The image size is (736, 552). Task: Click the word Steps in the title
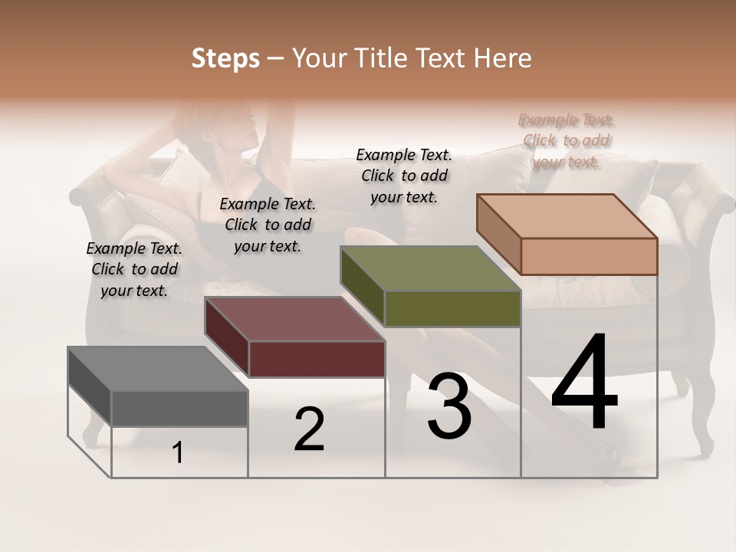(225, 58)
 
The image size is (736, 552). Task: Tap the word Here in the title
(502, 58)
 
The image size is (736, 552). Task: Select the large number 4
(584, 383)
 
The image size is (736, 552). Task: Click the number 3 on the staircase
(449, 406)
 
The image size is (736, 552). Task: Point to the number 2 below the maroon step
(309, 429)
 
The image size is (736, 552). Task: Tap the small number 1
(178, 453)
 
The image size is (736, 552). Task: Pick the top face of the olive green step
(430, 268)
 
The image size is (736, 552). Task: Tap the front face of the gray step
(179, 409)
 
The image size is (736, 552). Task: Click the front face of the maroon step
(317, 359)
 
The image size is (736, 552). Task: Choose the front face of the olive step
(452, 308)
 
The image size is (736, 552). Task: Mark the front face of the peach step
(589, 256)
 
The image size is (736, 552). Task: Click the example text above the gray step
(134, 269)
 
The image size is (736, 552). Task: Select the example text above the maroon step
(268, 225)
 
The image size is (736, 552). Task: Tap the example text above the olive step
(404, 176)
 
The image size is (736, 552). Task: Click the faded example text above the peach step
(567, 140)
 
